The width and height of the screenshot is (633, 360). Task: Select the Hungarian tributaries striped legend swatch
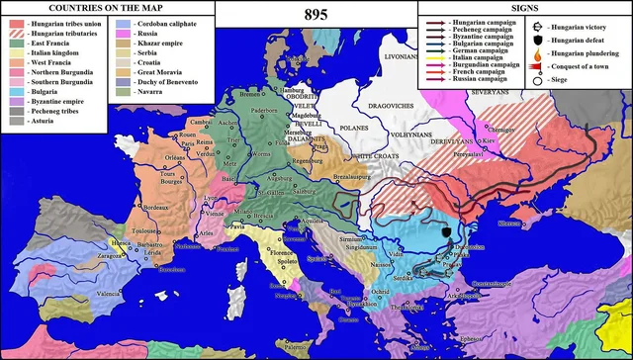click(16, 32)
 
